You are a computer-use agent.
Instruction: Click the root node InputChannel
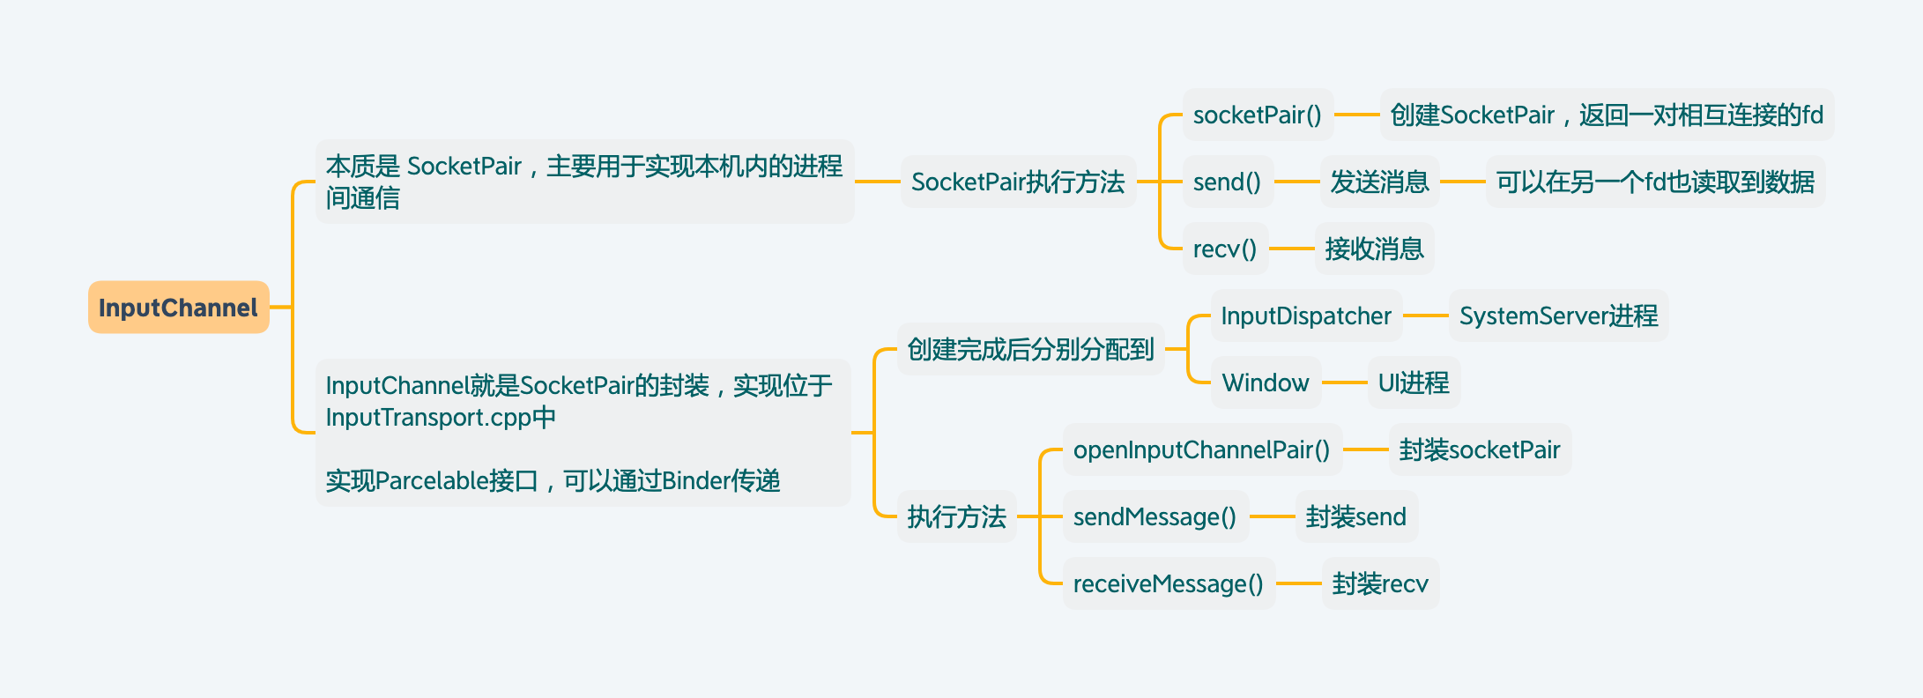coord(178,308)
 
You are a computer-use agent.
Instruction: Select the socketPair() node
coord(1257,115)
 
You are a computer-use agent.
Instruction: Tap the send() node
coord(1227,182)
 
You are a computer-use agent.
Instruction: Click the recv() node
coord(1224,249)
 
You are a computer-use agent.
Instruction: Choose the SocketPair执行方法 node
coord(1018,182)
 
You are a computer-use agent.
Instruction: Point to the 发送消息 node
coord(1379,182)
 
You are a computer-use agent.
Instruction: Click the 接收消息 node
coord(1374,249)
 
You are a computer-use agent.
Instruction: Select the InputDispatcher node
coord(1306,316)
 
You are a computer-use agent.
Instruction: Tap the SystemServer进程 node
coord(1558,316)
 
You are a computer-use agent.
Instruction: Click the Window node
coord(1266,382)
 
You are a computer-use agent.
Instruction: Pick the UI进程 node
coord(1414,382)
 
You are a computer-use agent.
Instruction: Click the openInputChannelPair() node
coord(1201,449)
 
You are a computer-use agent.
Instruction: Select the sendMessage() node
coord(1155,516)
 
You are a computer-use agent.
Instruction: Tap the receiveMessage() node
coord(1168,583)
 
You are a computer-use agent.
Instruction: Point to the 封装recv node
coord(1380,583)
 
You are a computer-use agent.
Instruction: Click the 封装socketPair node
coord(1480,449)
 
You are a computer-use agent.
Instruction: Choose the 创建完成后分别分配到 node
coord(1030,349)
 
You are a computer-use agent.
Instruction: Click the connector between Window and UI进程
coord(1344,382)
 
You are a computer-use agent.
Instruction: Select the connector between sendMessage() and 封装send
coord(1272,516)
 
